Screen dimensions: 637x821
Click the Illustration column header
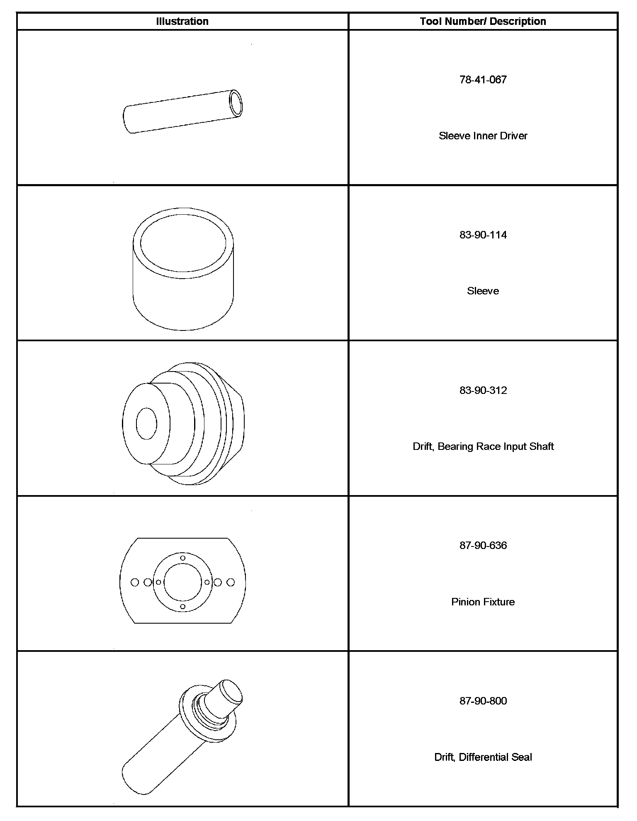pyautogui.click(x=182, y=22)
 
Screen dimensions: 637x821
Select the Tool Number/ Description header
pyautogui.click(x=483, y=22)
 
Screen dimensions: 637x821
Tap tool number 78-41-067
pyautogui.click(x=483, y=80)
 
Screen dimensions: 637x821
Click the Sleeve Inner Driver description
pyautogui.click(x=483, y=136)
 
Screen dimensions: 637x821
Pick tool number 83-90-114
pyautogui.click(x=483, y=235)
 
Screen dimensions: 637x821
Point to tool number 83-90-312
pyautogui.click(x=483, y=391)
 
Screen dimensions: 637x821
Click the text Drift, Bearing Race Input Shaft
pyautogui.click(x=483, y=447)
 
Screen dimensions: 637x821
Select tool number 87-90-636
pyautogui.click(x=483, y=545)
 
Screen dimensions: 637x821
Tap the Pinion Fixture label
pyautogui.click(x=483, y=602)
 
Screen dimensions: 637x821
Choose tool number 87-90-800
pyautogui.click(x=483, y=701)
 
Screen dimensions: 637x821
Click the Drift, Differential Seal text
pyautogui.click(x=483, y=757)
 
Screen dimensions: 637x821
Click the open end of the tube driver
pyautogui.click(x=236, y=103)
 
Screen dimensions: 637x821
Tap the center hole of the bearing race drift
pyautogui.click(x=146, y=423)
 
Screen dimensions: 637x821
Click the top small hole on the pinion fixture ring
pyautogui.click(x=182, y=558)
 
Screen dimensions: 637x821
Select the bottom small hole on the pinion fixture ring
pyautogui.click(x=182, y=607)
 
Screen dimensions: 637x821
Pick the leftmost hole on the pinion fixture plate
pyautogui.click(x=134, y=583)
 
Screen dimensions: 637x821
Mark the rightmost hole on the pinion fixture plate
pyautogui.click(x=231, y=583)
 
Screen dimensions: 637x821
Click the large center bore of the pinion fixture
pyautogui.click(x=182, y=582)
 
